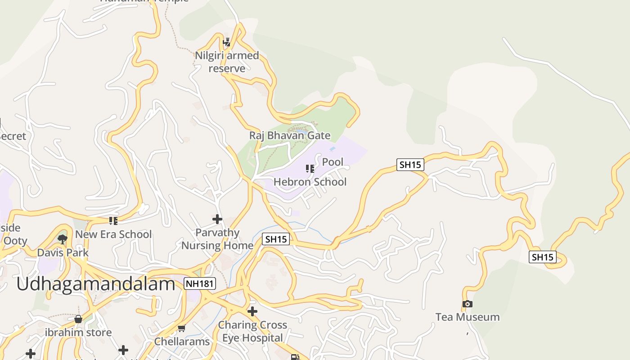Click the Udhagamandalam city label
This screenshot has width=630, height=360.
click(95, 284)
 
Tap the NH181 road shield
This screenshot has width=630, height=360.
click(200, 283)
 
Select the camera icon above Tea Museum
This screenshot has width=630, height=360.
click(468, 304)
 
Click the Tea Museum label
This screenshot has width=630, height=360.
click(468, 317)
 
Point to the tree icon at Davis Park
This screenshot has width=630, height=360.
click(63, 239)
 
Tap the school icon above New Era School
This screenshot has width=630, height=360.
click(113, 221)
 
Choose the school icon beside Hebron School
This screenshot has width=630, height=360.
click(310, 169)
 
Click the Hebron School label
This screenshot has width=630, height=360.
click(310, 182)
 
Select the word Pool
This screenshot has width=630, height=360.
click(333, 162)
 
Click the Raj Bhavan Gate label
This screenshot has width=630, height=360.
click(290, 135)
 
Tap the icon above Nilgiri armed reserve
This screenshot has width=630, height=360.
click(227, 42)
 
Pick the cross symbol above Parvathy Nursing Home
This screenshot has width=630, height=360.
click(217, 219)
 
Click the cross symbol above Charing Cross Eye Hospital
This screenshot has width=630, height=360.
click(252, 311)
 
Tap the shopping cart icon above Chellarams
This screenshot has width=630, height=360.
click(181, 328)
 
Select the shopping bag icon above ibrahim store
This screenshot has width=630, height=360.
click(78, 319)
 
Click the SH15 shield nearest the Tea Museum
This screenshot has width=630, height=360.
click(542, 257)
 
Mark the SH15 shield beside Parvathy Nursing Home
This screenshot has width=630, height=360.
click(276, 239)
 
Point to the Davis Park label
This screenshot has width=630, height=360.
click(63, 252)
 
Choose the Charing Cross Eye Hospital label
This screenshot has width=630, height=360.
click(252, 331)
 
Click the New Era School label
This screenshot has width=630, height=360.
click(113, 234)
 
